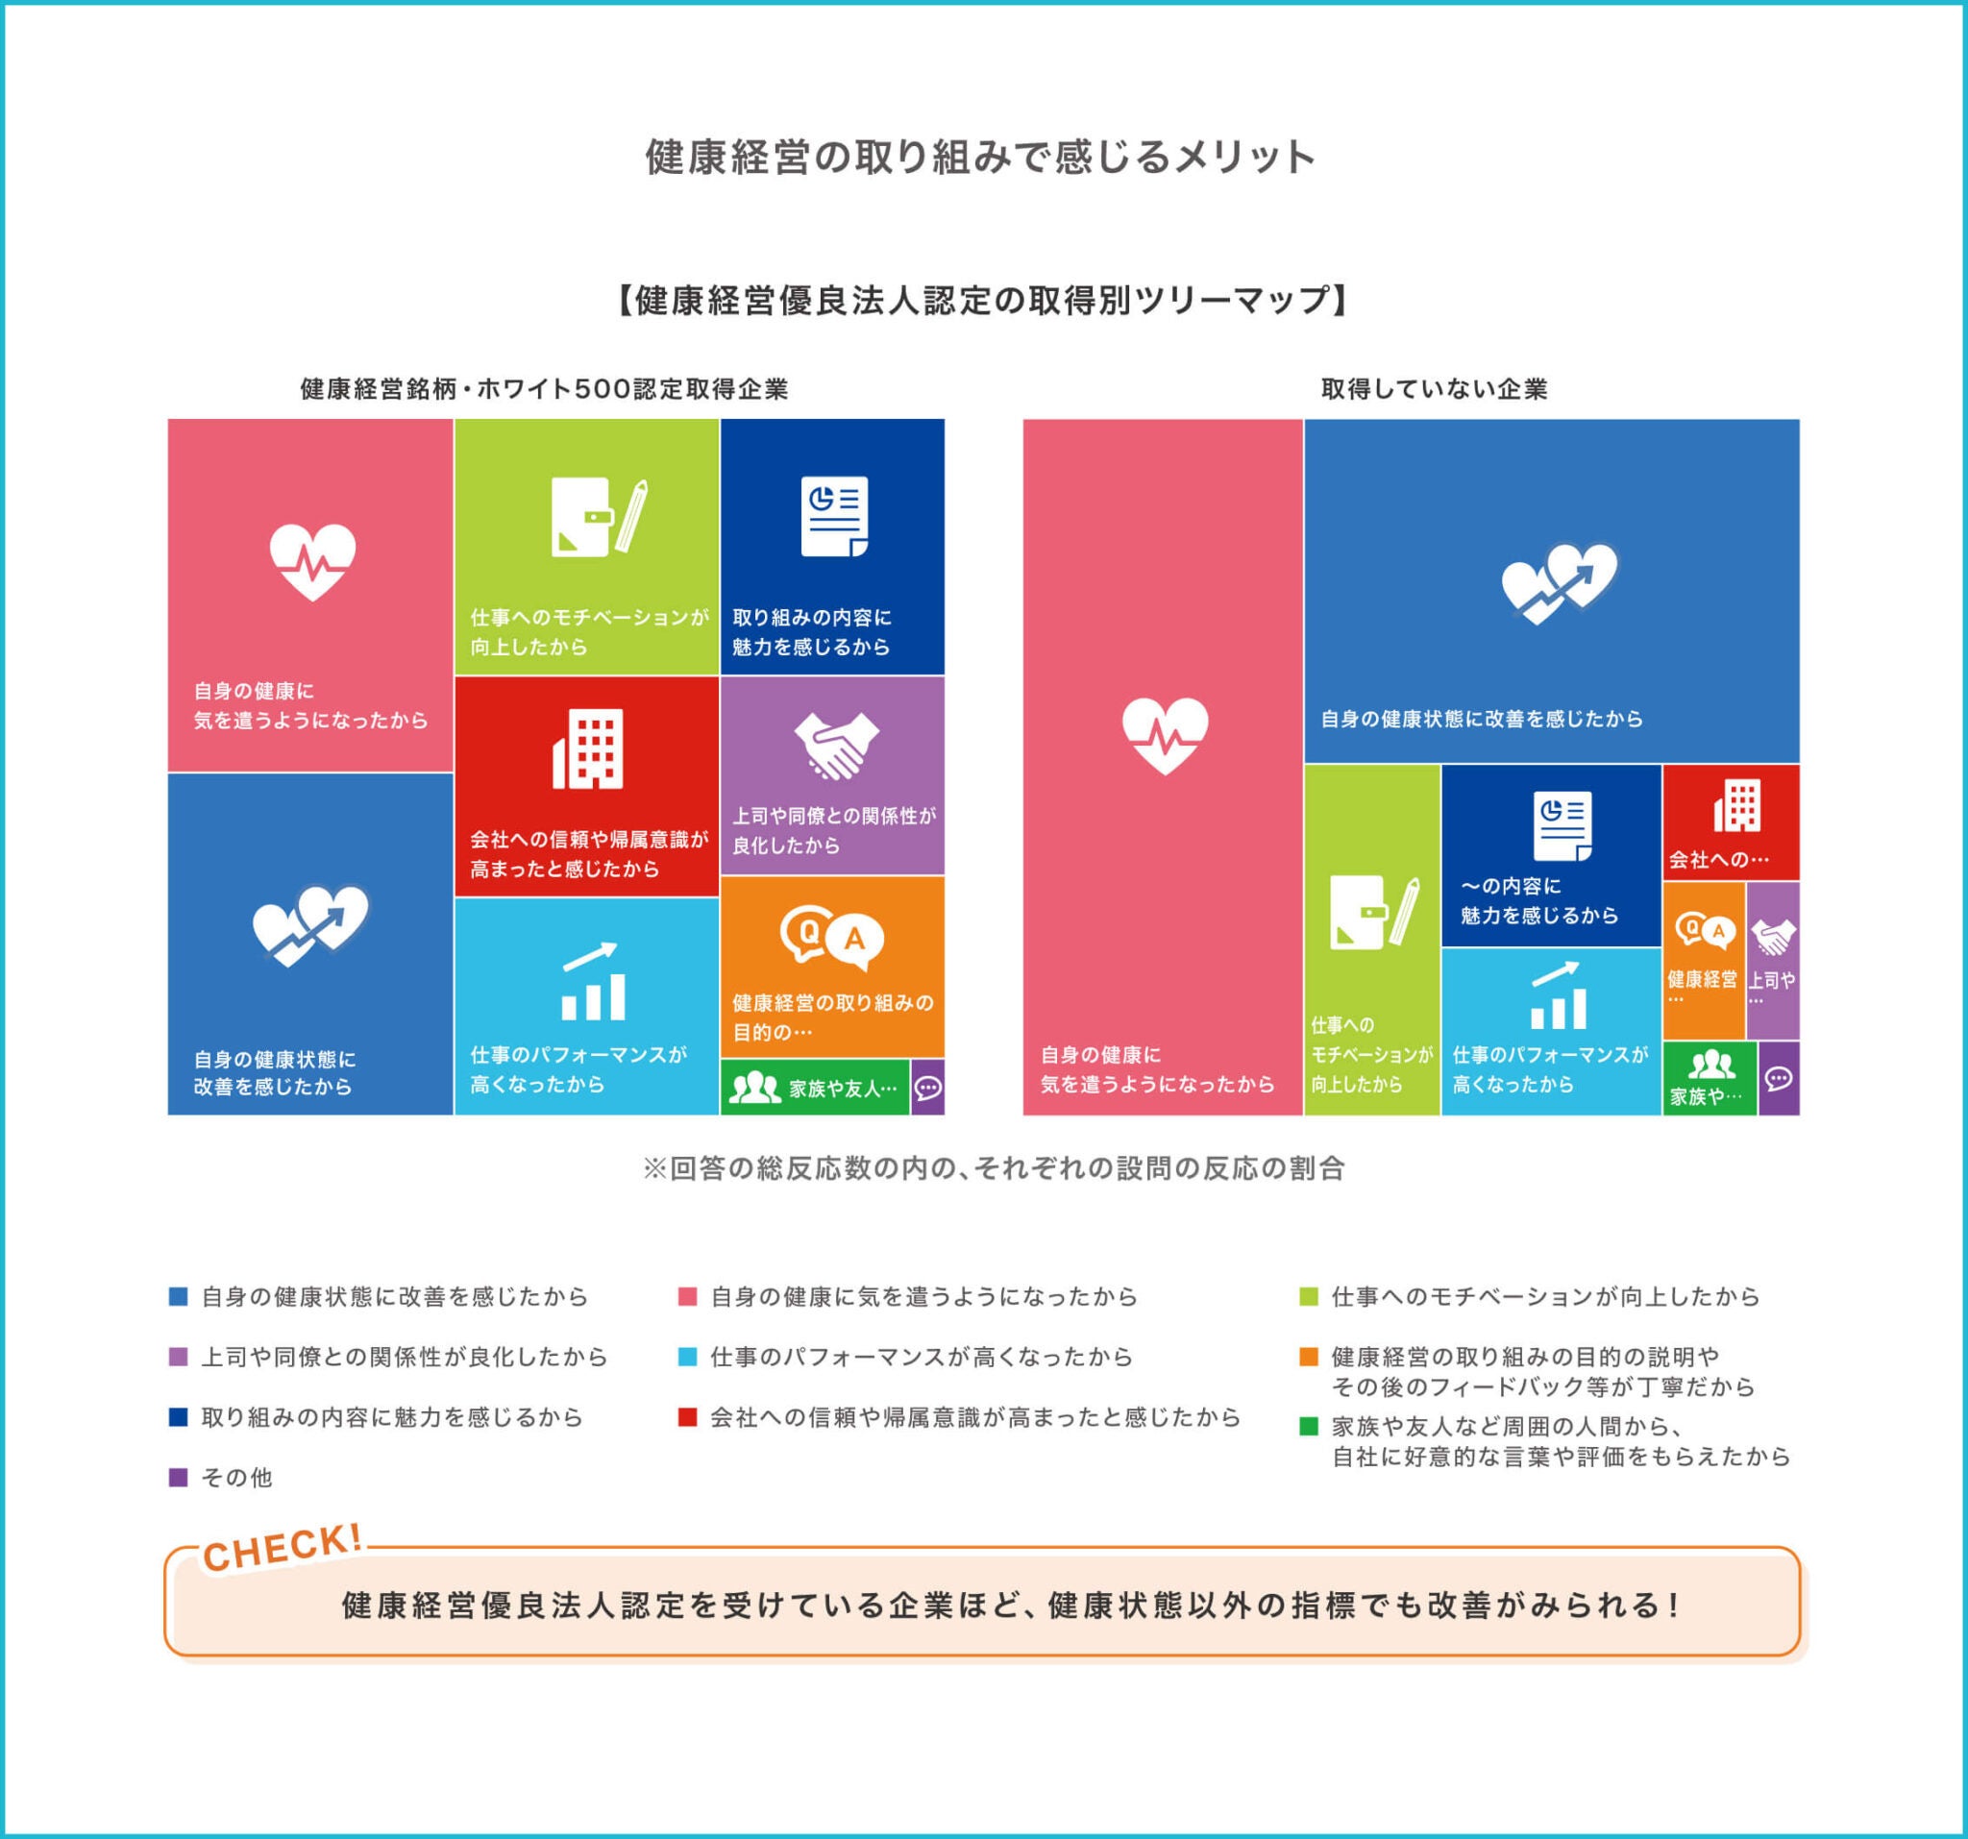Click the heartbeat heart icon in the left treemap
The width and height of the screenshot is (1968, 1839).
coord(312,561)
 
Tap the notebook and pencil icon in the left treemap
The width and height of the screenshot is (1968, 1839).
coord(598,516)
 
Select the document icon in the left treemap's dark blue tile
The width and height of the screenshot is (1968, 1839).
coord(833,516)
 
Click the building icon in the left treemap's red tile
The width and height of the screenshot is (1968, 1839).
coord(588,748)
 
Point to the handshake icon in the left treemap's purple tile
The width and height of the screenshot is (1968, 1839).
coord(835,745)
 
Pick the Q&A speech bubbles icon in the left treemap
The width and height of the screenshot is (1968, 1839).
coord(831,937)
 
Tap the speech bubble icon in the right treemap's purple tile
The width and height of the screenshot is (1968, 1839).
coord(1778,1078)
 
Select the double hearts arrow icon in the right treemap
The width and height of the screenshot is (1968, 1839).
coord(1560,582)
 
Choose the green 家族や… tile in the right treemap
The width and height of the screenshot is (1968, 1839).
coord(1710,1078)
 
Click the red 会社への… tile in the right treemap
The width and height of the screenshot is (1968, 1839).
coord(1731,822)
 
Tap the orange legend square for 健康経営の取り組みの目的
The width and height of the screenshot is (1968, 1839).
coord(1309,1356)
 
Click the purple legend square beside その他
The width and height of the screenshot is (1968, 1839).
coord(178,1477)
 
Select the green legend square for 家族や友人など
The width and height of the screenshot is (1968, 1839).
coord(1309,1426)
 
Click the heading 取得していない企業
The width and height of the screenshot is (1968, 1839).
coord(1434,389)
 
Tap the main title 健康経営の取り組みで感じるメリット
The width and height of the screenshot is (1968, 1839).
coord(980,157)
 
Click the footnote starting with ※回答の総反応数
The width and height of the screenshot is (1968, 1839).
coord(993,1168)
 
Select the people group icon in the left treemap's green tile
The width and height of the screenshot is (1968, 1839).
coord(754,1088)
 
